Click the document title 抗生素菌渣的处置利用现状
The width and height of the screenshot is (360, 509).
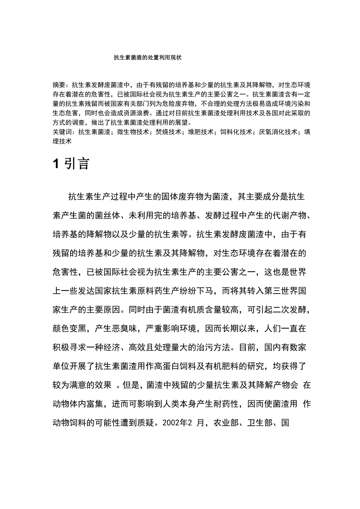tap(148, 57)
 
